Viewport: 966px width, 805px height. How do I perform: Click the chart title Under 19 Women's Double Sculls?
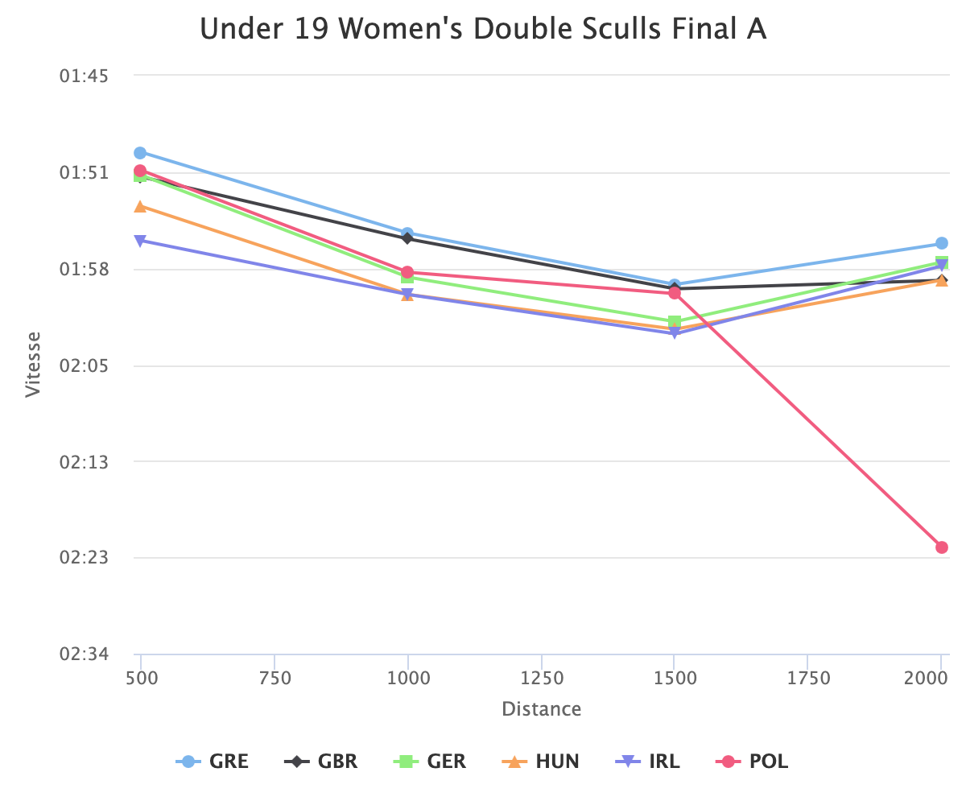(x=482, y=29)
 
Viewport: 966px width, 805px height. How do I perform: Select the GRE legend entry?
(x=213, y=761)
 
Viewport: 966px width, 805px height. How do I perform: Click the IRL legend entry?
(x=648, y=761)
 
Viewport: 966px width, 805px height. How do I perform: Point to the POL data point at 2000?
(x=942, y=547)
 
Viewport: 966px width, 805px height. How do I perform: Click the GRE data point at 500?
(x=140, y=153)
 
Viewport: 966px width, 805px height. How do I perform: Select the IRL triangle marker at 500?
(x=140, y=241)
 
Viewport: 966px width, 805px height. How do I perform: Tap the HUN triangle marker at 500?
(x=140, y=207)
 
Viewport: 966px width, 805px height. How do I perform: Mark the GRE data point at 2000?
(x=942, y=243)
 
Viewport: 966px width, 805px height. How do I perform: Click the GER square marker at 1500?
(x=675, y=322)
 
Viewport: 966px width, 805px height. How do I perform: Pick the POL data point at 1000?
(x=407, y=272)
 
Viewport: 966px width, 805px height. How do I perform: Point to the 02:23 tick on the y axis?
(x=85, y=558)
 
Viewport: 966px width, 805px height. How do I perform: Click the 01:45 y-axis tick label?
(x=85, y=76)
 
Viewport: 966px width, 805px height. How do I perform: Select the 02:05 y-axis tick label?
(x=85, y=366)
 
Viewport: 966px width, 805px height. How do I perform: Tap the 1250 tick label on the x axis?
(x=542, y=679)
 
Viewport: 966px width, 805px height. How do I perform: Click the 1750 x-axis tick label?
(x=808, y=679)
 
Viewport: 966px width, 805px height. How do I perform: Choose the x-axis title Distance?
(x=541, y=709)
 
